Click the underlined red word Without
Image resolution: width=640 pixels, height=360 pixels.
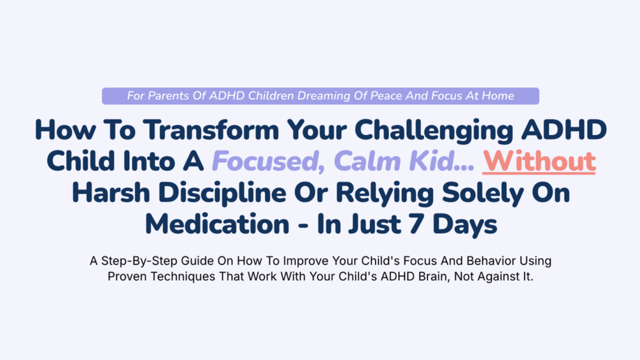tap(539, 161)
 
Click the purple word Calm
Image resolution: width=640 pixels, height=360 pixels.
tap(367, 161)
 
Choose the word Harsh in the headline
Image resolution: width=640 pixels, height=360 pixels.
tap(111, 192)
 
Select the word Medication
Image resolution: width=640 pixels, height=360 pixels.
tap(217, 224)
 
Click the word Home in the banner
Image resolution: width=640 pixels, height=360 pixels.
tap(498, 96)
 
